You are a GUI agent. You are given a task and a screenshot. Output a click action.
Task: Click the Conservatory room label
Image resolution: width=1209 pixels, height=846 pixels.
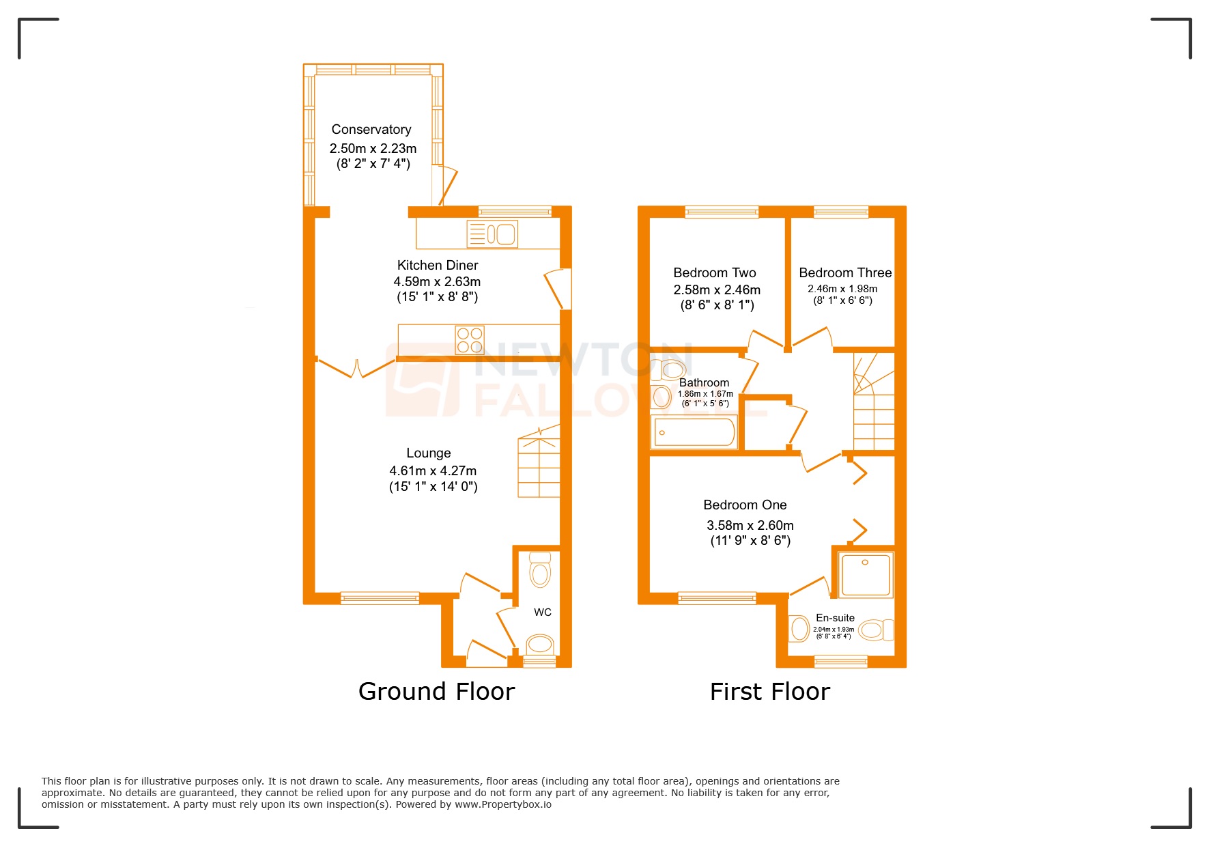[x=371, y=130]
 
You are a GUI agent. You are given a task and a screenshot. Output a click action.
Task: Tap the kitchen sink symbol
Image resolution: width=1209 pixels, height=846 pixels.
[x=492, y=234]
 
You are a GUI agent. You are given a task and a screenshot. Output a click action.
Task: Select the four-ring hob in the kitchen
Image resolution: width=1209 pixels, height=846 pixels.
[x=470, y=340]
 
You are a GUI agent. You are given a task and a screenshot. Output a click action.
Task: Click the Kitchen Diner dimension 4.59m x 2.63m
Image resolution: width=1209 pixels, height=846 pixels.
[x=437, y=281]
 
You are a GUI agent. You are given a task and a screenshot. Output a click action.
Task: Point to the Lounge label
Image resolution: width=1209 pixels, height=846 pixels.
[x=429, y=453]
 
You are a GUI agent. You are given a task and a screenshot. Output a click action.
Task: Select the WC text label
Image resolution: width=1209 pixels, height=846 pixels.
[x=543, y=612]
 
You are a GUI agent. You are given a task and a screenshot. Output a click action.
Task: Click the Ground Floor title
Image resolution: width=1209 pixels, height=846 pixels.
[x=436, y=692]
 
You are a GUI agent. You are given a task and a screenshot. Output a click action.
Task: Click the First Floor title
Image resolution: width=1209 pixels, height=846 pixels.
[x=769, y=692]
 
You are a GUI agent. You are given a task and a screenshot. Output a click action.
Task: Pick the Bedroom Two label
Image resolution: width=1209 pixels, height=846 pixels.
[x=715, y=273]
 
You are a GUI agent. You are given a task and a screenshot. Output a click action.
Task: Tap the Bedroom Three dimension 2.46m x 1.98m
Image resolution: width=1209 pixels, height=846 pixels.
[x=842, y=289]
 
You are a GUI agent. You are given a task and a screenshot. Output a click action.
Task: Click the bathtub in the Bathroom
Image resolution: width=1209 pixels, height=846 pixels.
[x=694, y=432]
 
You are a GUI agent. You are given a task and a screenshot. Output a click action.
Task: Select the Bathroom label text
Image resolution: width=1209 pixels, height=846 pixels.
[x=704, y=383]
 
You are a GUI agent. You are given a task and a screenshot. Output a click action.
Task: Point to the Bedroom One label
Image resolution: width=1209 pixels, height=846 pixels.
[x=745, y=505]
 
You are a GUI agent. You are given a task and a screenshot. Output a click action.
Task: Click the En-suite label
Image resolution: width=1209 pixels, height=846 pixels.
[x=835, y=618]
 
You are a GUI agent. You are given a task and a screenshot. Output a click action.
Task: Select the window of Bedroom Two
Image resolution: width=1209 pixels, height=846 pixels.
[x=722, y=212]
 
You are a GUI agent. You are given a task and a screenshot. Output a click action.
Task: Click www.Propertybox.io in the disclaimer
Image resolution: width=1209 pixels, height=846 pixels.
[x=503, y=804]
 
